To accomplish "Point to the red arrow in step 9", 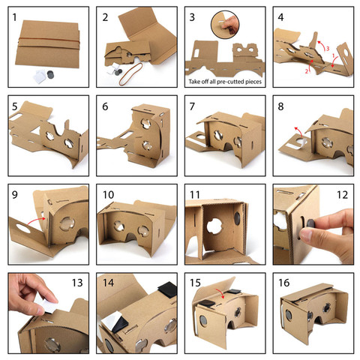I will [x=45, y=214].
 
